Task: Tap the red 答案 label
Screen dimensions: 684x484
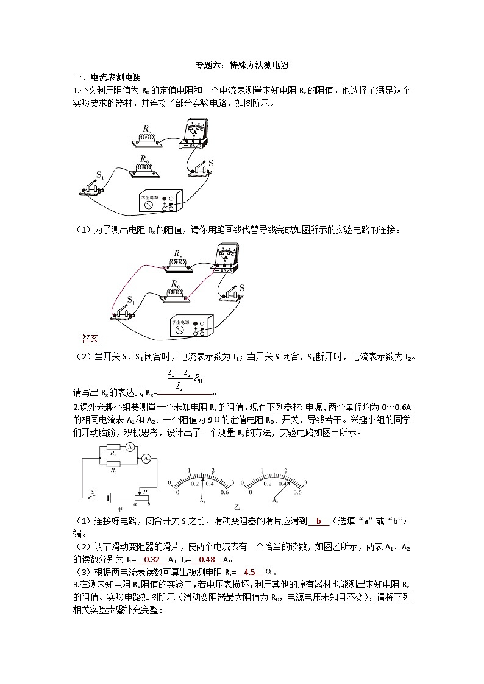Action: (x=90, y=338)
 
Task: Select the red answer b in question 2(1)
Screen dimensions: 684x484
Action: (x=318, y=521)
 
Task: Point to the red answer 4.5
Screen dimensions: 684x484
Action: (x=249, y=572)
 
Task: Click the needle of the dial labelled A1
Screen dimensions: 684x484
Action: (x=204, y=482)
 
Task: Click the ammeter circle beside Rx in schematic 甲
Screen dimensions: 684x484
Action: (x=130, y=447)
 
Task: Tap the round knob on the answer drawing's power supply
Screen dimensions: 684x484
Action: (x=180, y=329)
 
